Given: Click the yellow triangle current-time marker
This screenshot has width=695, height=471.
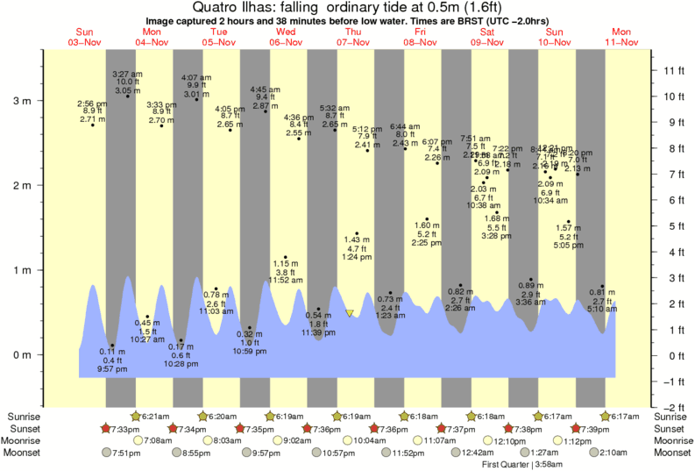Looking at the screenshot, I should pyautogui.click(x=350, y=313).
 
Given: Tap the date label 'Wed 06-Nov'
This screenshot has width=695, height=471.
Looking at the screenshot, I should pyautogui.click(x=286, y=37).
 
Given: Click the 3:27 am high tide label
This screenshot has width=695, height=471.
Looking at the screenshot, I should pyautogui.click(x=129, y=74).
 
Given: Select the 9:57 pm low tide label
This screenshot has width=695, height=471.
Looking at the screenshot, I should pyautogui.click(x=111, y=369).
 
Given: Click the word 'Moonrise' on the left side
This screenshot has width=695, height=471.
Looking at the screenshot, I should pyautogui.click(x=25, y=440).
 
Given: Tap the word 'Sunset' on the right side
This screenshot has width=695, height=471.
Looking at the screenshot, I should pyautogui.click(x=671, y=428).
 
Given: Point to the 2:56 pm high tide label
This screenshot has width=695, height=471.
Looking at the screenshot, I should pyautogui.click(x=92, y=103).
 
